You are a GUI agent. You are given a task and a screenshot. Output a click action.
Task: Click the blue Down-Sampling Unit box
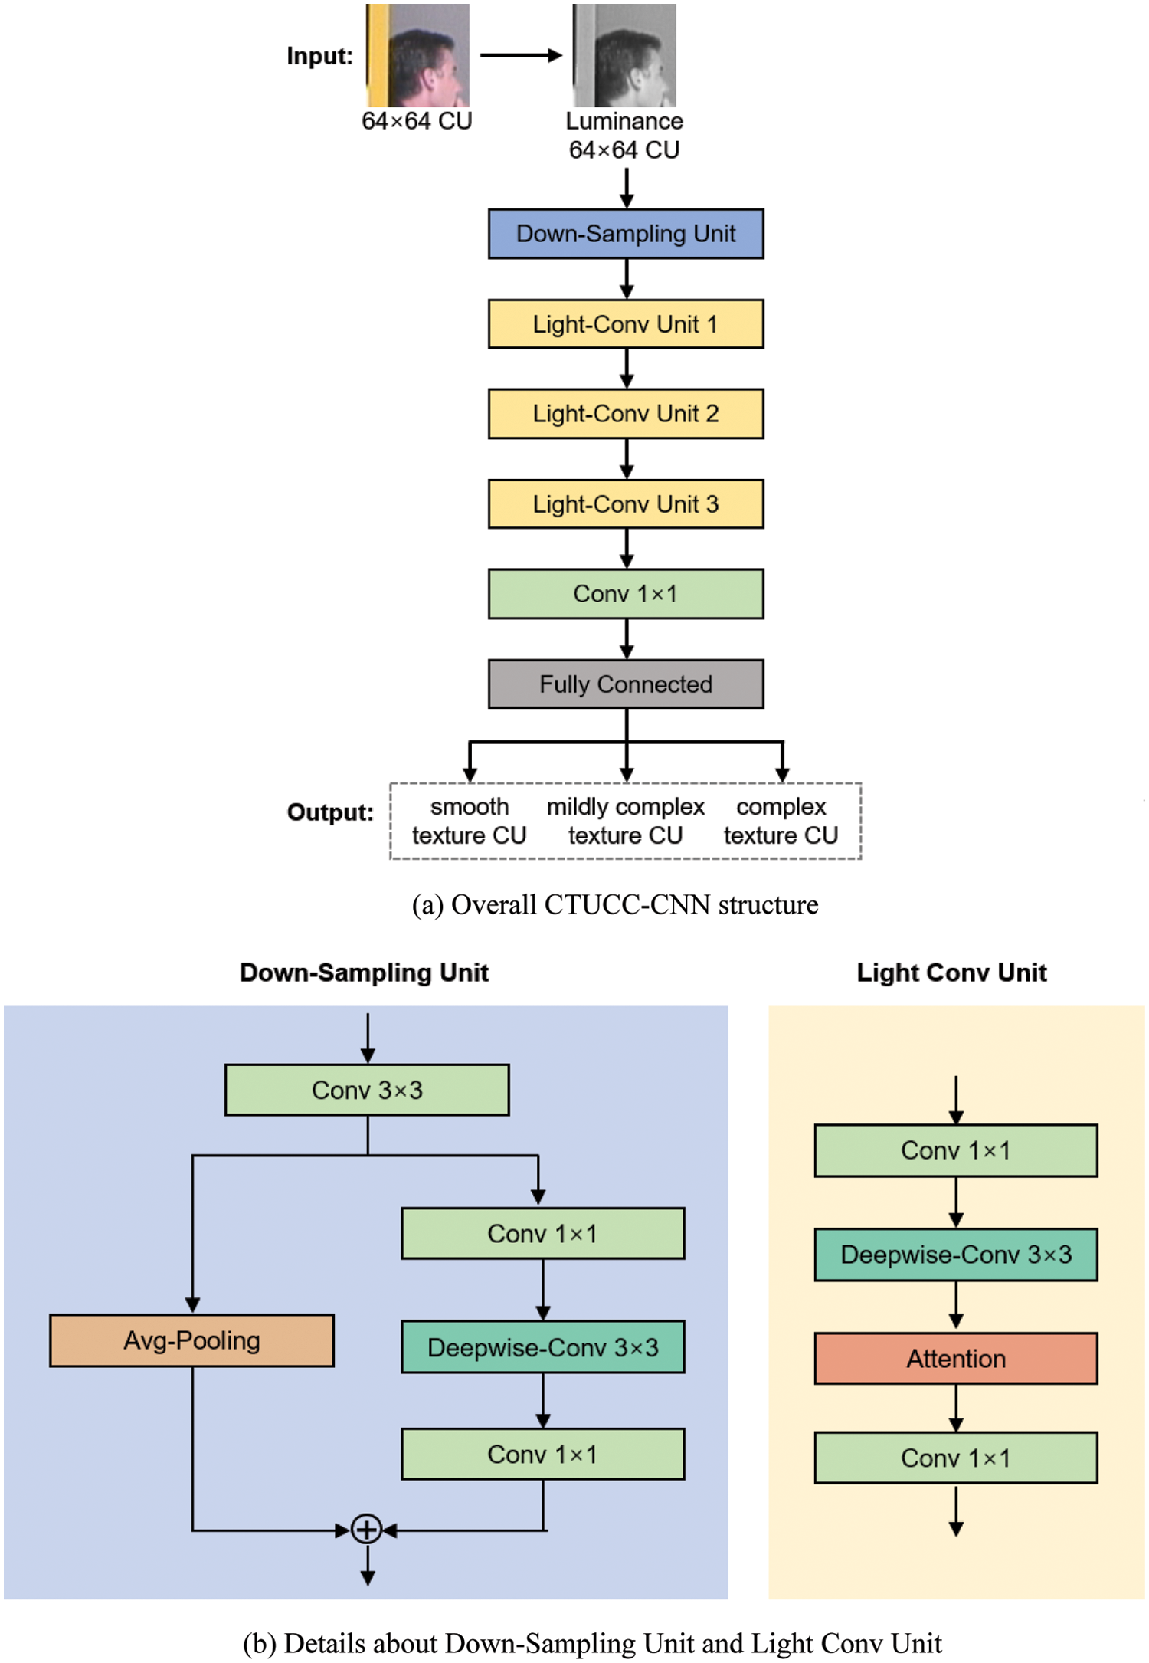[626, 234]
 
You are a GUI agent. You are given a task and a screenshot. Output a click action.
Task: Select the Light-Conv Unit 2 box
[626, 414]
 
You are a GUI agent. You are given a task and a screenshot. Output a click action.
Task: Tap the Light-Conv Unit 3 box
[626, 504]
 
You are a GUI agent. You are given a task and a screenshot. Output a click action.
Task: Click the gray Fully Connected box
[626, 684]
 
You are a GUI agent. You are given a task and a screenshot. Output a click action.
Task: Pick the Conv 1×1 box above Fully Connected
[626, 594]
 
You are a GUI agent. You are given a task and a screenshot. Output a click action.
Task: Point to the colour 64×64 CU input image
[417, 55]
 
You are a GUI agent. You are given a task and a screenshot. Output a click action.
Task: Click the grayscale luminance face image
[624, 55]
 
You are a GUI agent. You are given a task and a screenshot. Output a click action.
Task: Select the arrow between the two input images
[521, 55]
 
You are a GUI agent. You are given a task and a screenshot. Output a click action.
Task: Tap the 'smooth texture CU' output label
[469, 821]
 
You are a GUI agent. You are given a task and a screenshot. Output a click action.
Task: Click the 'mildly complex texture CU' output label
[625, 821]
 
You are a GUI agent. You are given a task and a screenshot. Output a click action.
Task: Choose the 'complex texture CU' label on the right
[781, 821]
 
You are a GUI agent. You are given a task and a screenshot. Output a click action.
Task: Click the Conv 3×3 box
[367, 1090]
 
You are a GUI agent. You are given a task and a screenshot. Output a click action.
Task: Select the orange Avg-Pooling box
[191, 1340]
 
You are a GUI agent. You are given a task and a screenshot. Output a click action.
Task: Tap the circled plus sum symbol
[367, 1530]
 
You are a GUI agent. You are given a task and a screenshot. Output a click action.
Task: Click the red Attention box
[955, 1359]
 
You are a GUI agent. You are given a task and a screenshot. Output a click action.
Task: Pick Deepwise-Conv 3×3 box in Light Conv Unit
[955, 1255]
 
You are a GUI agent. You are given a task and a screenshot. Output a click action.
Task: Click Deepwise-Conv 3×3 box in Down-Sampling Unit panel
[542, 1347]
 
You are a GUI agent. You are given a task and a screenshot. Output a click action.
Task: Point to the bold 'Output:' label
[330, 812]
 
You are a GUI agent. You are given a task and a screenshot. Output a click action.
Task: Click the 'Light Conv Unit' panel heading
[951, 973]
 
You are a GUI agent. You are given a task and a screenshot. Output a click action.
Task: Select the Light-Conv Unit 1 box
[626, 324]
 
